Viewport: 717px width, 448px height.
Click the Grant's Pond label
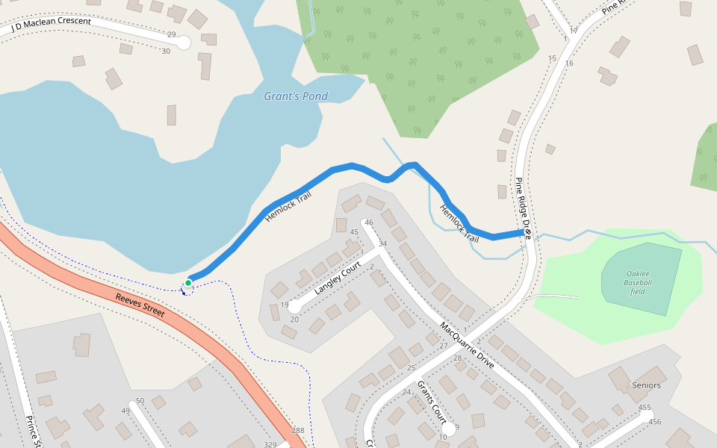point(296,96)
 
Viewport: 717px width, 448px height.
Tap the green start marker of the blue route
point(188,282)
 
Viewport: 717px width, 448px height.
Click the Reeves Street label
point(140,305)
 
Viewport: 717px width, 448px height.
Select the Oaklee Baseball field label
point(639,282)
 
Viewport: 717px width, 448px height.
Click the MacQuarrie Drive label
point(467,345)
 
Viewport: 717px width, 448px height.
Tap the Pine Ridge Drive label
point(522,203)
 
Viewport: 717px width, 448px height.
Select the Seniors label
point(646,385)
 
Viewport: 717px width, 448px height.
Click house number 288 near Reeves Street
point(298,431)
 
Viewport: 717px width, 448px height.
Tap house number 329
point(270,444)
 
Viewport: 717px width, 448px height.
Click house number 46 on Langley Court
point(368,223)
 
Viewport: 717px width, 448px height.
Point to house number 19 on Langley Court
point(285,305)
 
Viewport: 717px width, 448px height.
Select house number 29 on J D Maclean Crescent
point(171,35)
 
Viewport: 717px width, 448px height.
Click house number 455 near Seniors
point(645,407)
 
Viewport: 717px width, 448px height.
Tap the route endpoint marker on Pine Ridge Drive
point(527,234)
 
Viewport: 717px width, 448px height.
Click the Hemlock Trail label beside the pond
point(288,208)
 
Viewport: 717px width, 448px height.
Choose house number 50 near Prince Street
point(140,401)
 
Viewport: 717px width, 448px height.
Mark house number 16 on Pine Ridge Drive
point(569,63)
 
